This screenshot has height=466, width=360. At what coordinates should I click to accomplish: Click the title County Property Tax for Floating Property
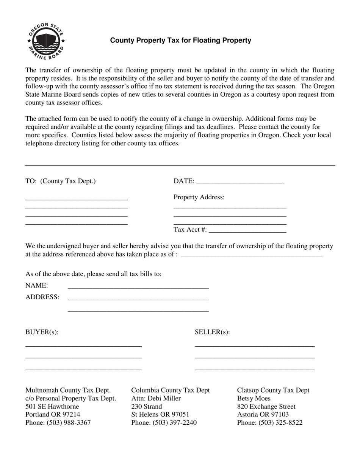tap(180, 40)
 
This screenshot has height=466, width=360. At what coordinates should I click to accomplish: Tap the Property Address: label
tap(199, 197)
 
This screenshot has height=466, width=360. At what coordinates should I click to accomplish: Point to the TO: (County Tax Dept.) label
tap(61, 181)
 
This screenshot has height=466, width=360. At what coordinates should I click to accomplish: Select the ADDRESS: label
tap(42, 297)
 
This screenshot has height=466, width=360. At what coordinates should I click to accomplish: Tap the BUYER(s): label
tap(42, 332)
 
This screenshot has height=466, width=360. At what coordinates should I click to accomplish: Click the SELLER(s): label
tap(212, 332)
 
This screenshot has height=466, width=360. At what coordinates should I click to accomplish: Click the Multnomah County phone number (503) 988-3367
tap(69, 422)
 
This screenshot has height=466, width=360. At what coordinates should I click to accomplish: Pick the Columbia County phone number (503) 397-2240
tap(175, 422)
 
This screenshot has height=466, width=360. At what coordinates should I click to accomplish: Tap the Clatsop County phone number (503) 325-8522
tap(281, 422)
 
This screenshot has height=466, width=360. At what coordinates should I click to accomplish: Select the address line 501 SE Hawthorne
tap(52, 407)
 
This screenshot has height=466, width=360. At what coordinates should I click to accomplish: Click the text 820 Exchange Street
tap(266, 407)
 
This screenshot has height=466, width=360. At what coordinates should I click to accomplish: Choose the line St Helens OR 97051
tap(160, 414)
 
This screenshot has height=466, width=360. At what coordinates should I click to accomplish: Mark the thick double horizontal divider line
tap(180, 166)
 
